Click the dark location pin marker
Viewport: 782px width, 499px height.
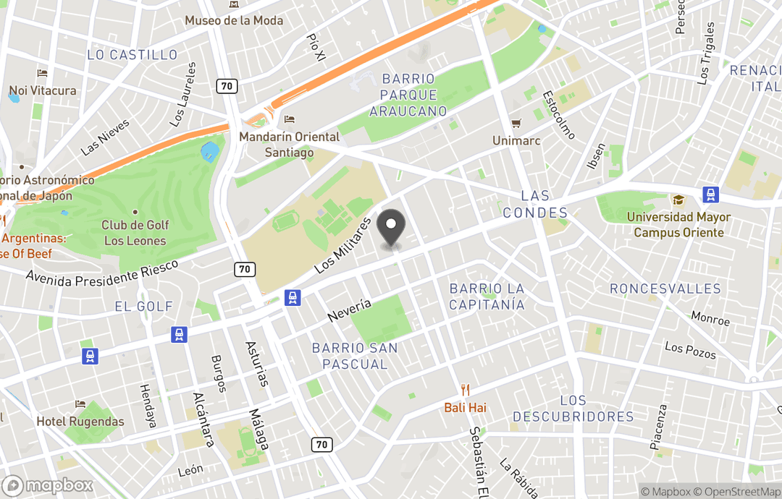(x=392, y=228)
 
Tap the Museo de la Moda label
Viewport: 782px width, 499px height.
(x=234, y=20)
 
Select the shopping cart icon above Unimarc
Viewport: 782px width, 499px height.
(x=516, y=124)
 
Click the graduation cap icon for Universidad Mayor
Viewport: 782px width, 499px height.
(x=678, y=200)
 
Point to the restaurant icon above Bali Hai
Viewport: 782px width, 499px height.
(x=465, y=390)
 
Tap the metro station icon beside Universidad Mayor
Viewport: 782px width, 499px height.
(x=710, y=195)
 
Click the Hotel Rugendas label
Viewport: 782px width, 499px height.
(x=80, y=421)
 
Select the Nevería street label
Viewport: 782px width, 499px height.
(x=349, y=311)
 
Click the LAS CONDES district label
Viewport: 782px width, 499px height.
(x=536, y=204)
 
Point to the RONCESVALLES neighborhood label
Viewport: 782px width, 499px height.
(x=665, y=289)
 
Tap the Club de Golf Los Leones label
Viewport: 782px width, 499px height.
(x=134, y=233)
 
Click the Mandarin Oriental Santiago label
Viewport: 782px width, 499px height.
(x=290, y=145)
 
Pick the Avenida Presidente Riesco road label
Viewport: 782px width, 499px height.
(x=102, y=271)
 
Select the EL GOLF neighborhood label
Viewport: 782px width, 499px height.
(x=144, y=307)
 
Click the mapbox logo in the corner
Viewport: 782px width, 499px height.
(x=49, y=485)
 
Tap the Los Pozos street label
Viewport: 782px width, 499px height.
(x=690, y=351)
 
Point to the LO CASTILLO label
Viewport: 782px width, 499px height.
(x=132, y=55)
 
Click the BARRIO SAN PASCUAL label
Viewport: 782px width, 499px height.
(x=355, y=356)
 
